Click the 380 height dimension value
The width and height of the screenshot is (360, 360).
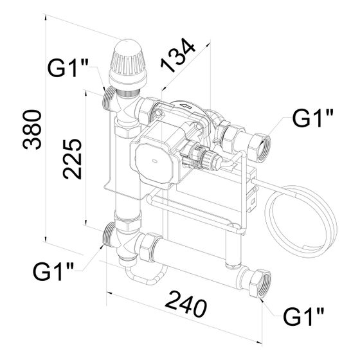32,129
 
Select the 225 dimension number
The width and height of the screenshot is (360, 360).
72,159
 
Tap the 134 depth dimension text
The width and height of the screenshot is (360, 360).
178,55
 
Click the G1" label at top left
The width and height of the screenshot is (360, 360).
67,68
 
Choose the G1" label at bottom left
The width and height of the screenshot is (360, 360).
53,271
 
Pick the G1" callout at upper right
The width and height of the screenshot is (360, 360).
312,118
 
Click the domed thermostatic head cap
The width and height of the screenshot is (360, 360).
127,62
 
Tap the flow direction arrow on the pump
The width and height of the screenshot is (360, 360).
186,106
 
